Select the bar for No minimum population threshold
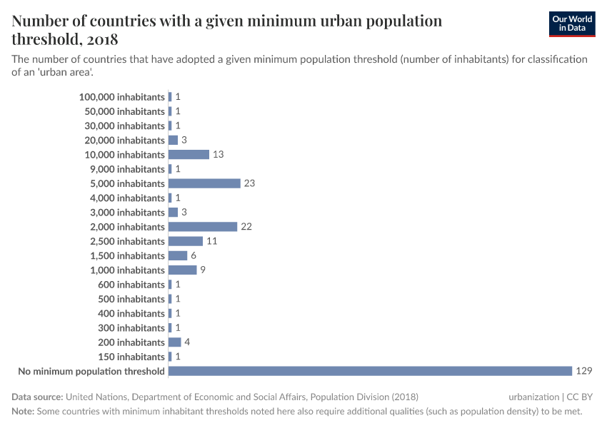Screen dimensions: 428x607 click(x=370, y=371)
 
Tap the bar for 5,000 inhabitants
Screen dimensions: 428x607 click(x=204, y=183)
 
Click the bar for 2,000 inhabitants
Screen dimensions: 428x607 click(x=203, y=227)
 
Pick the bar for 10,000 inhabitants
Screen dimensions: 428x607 click(x=189, y=155)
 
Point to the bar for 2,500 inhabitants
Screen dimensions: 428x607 click(x=186, y=241)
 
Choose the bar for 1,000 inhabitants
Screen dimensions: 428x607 click(x=182, y=270)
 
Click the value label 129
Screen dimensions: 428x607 click(x=584, y=371)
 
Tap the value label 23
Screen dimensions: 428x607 click(x=249, y=183)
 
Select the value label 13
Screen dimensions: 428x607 click(x=218, y=155)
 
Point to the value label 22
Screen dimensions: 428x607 click(x=246, y=227)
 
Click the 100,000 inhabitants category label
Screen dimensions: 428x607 click(x=122, y=97)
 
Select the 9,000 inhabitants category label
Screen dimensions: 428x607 click(x=127, y=169)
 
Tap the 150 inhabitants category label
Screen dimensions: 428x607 click(x=131, y=357)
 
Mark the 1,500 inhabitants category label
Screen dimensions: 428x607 click(x=127, y=256)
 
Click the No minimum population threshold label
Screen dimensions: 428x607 click(x=91, y=371)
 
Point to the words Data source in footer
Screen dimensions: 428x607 click(x=37, y=397)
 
